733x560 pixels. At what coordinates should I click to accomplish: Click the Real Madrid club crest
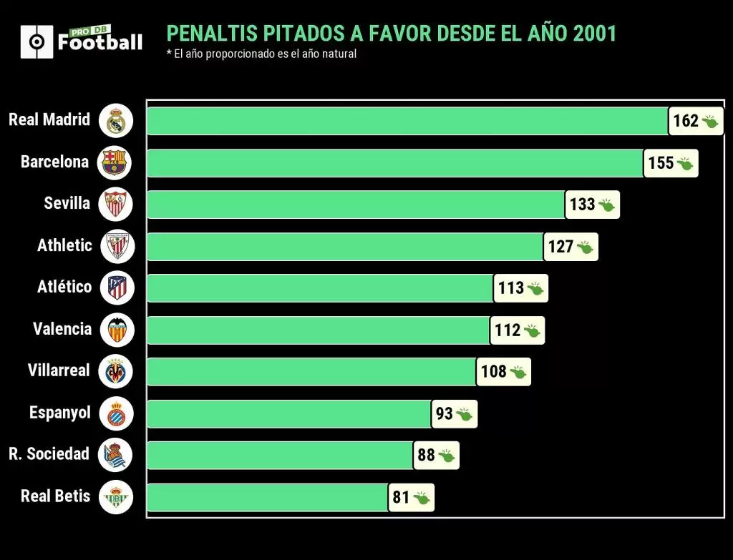coord(116,120)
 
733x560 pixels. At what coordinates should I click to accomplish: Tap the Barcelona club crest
coord(116,162)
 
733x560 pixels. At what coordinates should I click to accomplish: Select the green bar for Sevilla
coord(356,205)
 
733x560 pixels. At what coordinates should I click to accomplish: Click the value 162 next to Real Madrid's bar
coord(685,121)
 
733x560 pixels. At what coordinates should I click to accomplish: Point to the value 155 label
coord(660,163)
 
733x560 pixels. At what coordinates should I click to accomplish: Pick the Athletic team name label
coord(64,245)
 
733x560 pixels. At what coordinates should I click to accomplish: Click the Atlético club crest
coord(116,288)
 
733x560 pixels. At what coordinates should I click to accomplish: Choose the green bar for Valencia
coord(319,330)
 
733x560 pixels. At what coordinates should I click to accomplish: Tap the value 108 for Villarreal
coord(493,372)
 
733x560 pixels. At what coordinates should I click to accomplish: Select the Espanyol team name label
coord(60,413)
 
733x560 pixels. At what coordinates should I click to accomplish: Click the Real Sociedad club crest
coord(116,455)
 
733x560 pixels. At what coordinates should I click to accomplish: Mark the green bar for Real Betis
coord(268,497)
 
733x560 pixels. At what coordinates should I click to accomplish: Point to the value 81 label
coord(401,497)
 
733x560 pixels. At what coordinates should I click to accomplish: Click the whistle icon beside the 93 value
coord(464,414)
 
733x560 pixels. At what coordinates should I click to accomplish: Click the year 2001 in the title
coord(594,34)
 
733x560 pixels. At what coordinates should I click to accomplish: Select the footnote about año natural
coord(261,54)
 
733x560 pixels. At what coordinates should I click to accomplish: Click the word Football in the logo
coord(100,43)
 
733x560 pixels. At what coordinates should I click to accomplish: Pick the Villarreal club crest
coord(116,371)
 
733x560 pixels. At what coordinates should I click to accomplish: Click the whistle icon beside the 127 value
coord(585,247)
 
